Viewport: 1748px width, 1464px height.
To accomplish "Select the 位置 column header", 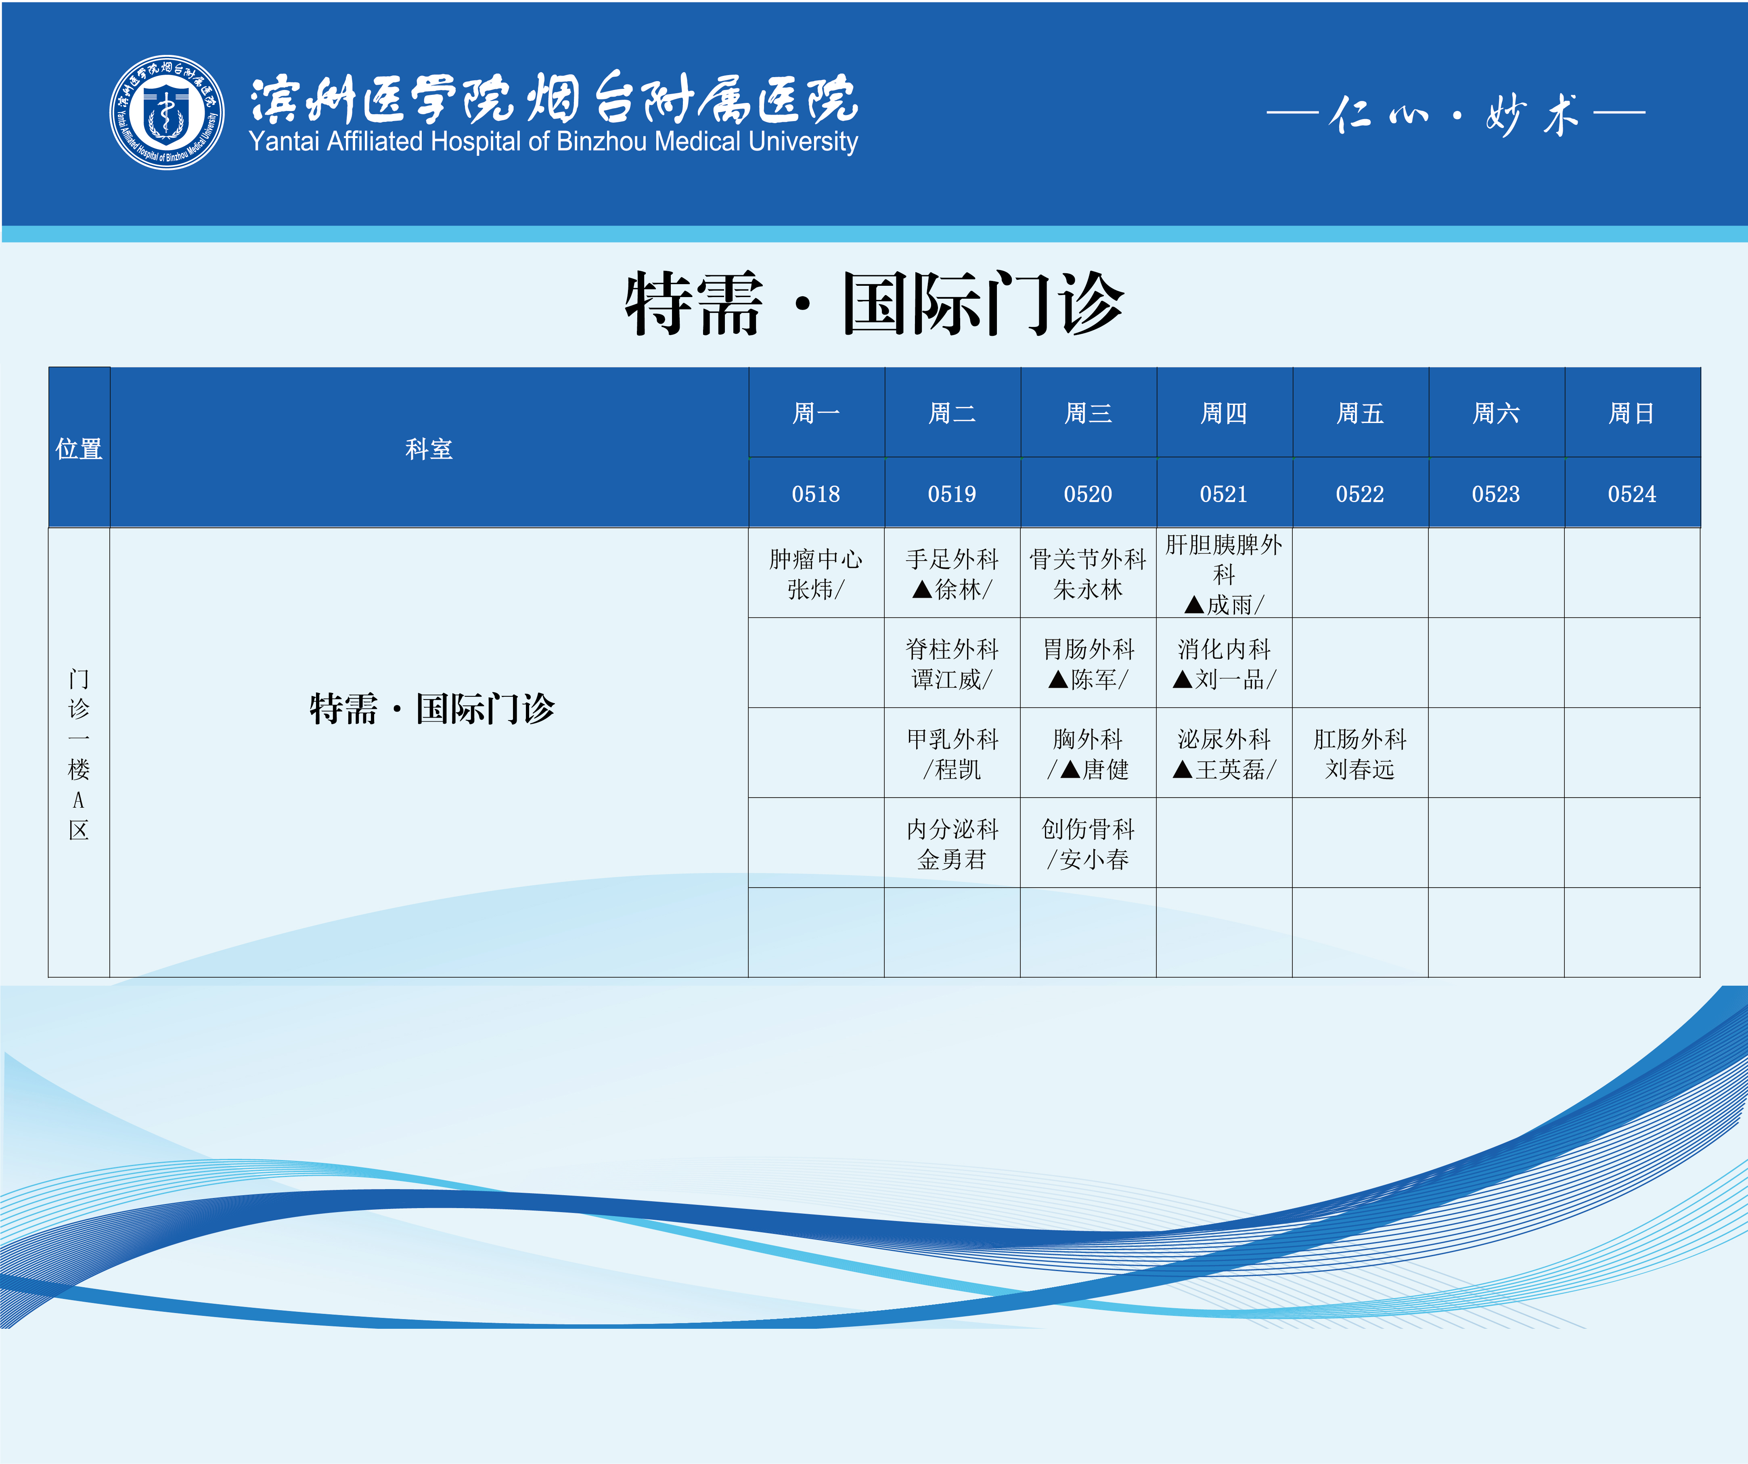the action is point(79,448).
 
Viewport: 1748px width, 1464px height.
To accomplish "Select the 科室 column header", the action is point(429,448).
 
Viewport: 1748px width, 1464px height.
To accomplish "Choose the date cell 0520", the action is point(1088,493).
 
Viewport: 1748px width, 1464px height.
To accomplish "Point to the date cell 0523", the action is point(1496,493).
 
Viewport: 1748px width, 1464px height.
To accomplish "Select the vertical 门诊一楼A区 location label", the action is point(79,753).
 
